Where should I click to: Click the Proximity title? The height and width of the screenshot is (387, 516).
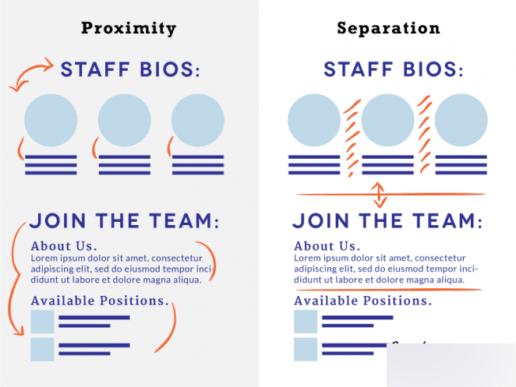pos(129,29)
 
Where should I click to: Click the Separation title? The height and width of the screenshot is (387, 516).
pos(388,28)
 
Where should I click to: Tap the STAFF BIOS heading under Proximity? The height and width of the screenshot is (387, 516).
pos(130,69)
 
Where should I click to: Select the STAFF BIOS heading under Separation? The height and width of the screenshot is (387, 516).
pos(394,69)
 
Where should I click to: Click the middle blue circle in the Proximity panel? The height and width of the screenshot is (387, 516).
pos(125,121)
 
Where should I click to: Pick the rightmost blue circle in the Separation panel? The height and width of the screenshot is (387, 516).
pos(461,121)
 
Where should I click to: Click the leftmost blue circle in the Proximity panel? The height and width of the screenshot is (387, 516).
pos(51,121)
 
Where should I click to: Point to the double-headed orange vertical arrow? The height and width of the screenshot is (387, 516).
pos(379,195)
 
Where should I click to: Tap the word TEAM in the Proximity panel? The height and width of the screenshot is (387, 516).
pos(184,220)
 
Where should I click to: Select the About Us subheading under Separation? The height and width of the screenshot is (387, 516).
pos(327,246)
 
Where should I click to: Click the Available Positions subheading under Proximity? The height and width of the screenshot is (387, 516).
pos(100,301)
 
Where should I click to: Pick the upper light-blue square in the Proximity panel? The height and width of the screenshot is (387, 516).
pos(42,322)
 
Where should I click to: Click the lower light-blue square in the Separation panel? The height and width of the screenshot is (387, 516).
pos(306,349)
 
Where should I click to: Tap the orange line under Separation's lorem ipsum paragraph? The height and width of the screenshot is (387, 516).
pos(388,290)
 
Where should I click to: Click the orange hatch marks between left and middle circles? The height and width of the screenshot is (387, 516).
pos(352,138)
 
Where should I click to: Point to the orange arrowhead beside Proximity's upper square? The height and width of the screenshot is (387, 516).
pos(19,331)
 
